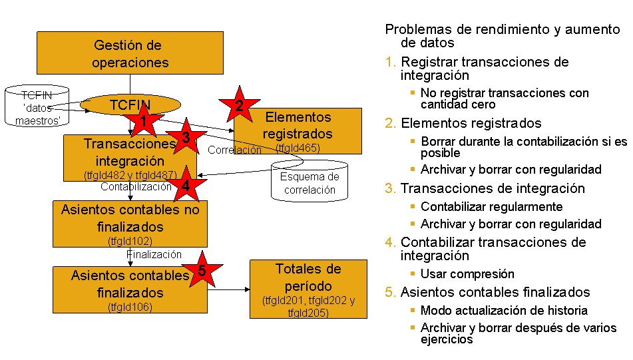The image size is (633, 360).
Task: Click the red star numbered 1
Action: coord(143,121)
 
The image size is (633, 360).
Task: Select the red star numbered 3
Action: coord(186,138)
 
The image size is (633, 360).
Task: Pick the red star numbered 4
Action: coord(185,186)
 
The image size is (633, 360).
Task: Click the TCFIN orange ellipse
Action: coord(130,104)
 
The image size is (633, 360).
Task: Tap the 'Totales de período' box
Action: coord(308,289)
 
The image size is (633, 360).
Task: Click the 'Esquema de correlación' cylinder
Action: coord(310,180)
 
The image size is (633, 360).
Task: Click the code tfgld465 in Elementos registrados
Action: coord(298,148)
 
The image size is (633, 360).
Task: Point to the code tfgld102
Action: coord(130,240)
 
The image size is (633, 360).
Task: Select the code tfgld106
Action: coord(130,307)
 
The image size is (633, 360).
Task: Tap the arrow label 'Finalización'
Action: coord(154,254)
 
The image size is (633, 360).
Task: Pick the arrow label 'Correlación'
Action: coord(234,150)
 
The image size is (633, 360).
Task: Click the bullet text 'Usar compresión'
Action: coord(467,273)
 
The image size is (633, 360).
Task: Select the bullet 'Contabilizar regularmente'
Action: coord(492,206)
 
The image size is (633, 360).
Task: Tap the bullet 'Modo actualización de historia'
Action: coord(504,310)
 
